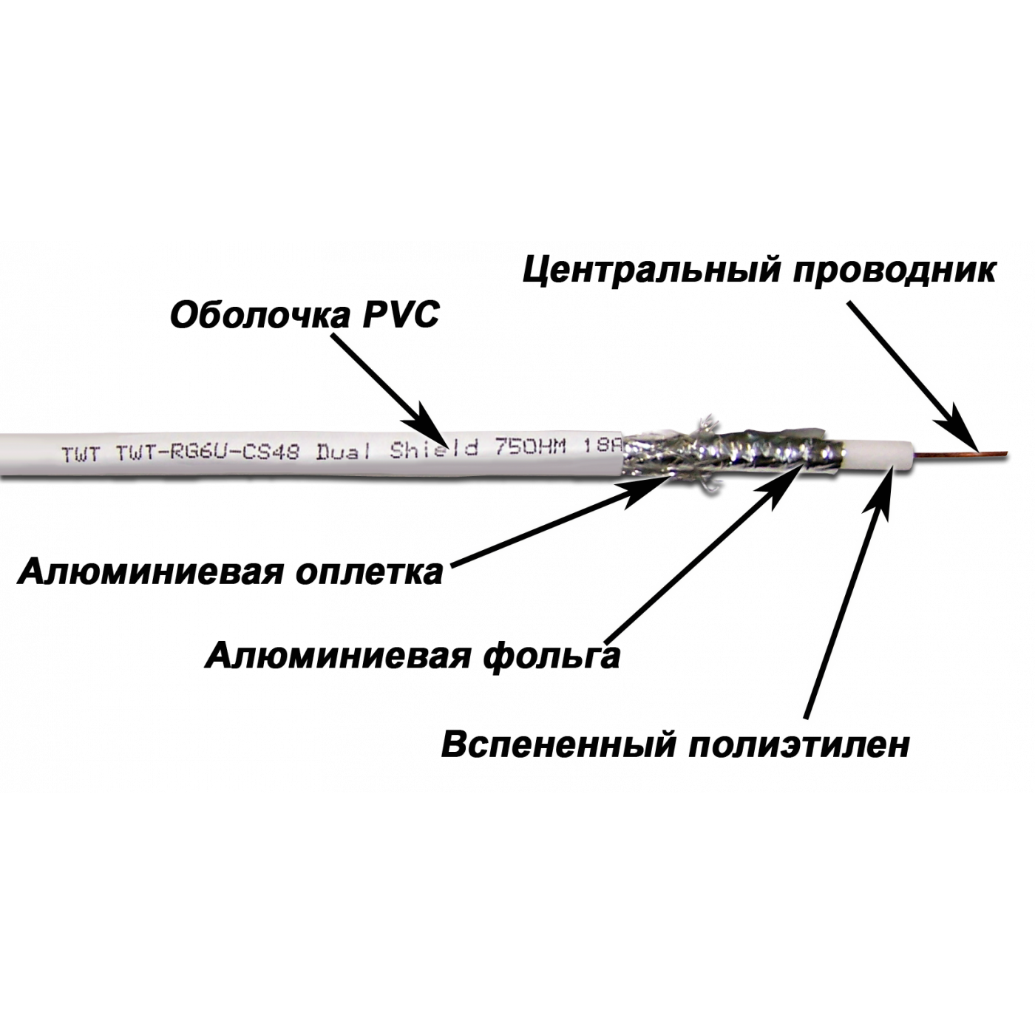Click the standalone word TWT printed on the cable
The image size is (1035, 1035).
(x=75, y=453)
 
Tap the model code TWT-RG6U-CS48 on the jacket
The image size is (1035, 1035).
(x=208, y=451)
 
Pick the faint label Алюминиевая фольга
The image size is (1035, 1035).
(x=410, y=655)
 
